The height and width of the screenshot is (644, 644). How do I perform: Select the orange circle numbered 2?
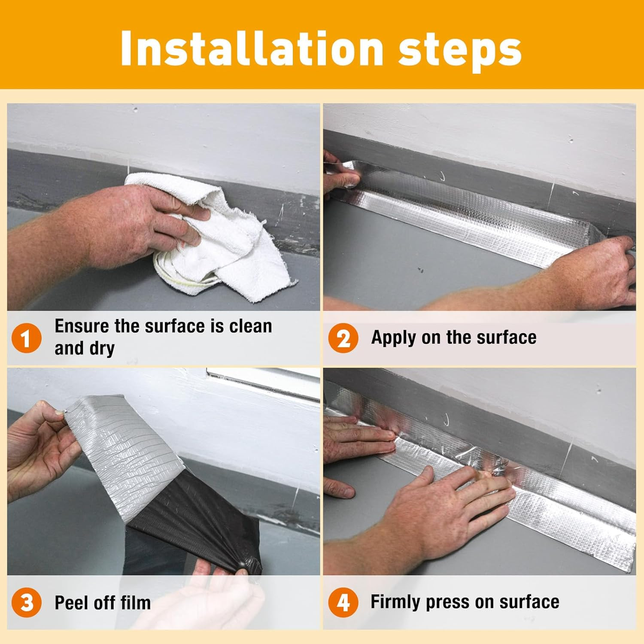(343, 338)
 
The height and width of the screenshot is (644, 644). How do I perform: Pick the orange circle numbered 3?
(26, 602)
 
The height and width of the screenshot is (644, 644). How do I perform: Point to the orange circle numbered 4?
(343, 602)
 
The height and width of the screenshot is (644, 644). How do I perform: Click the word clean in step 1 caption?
(251, 326)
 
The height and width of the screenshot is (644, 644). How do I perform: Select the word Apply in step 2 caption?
(393, 338)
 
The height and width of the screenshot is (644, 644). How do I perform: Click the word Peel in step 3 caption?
(71, 603)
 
